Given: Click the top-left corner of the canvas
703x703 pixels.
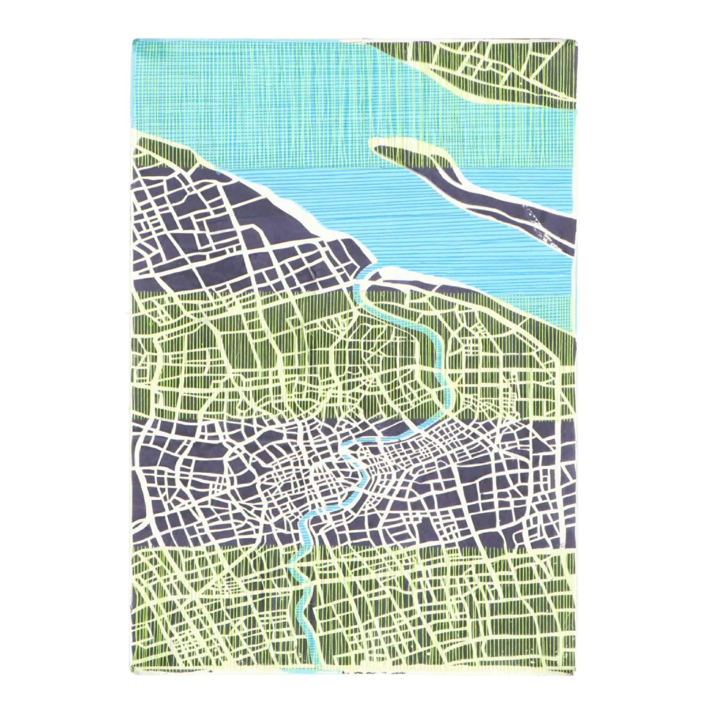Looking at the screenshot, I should pos(133,39).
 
